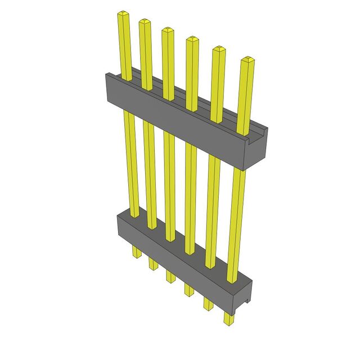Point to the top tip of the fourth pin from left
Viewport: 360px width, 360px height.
pyautogui.click(x=191, y=39)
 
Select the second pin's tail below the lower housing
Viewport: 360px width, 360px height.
pyautogui.click(x=152, y=263)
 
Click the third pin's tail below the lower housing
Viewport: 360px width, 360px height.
pyautogui.click(x=169, y=276)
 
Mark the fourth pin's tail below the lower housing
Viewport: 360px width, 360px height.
pyautogui.click(x=188, y=290)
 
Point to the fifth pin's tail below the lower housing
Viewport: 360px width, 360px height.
pyautogui.click(x=208, y=304)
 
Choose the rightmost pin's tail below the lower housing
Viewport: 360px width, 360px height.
pyautogui.click(x=228, y=318)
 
